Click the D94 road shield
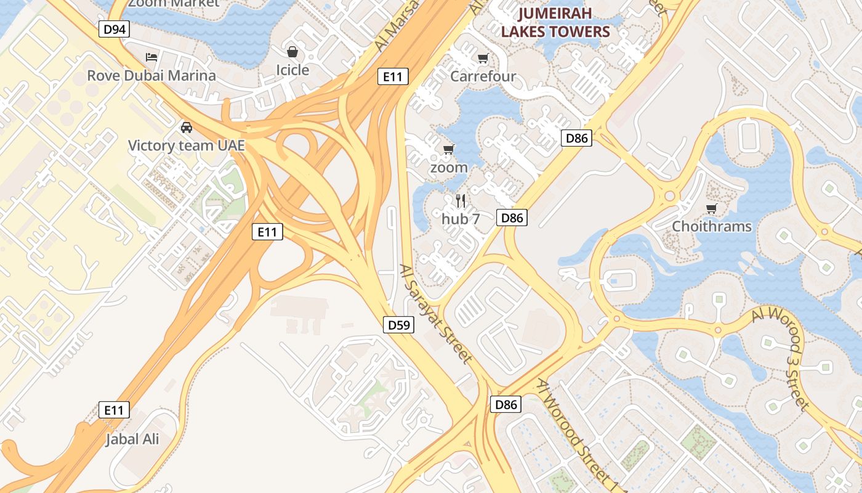click(x=115, y=29)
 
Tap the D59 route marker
click(x=398, y=325)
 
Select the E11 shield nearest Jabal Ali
click(x=115, y=410)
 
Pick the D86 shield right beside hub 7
click(x=512, y=217)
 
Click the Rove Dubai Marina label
click(x=151, y=76)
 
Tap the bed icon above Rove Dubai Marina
click(x=151, y=57)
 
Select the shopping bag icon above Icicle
click(x=292, y=52)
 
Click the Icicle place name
click(x=292, y=70)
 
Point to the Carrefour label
click(x=483, y=76)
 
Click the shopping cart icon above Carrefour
click(x=483, y=59)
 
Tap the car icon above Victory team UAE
click(x=186, y=128)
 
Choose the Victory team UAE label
click(x=186, y=146)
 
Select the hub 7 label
click(x=461, y=218)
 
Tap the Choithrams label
click(x=712, y=226)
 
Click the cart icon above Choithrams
click(x=712, y=208)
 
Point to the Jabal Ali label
click(x=132, y=439)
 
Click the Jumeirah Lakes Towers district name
click(x=555, y=23)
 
